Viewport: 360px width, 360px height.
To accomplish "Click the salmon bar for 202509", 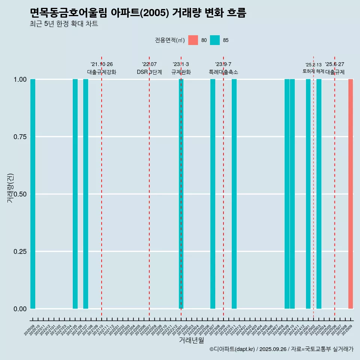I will [x=351, y=194].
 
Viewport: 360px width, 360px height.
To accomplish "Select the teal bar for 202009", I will [x=33, y=194].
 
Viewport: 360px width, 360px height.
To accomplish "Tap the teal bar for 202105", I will [x=75, y=194].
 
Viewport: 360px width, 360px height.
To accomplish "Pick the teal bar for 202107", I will [x=85, y=194].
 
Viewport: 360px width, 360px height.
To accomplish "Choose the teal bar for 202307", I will [x=213, y=194].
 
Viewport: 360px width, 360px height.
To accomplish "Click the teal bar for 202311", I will [x=234, y=194].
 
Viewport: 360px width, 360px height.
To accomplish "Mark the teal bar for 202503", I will [x=319, y=194].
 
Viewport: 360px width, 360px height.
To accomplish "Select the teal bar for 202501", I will [x=308, y=194].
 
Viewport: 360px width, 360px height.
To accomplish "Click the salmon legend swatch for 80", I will [x=193, y=40].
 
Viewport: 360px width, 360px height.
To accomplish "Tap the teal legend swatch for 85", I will [x=215, y=40].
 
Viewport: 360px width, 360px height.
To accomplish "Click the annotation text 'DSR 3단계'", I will [x=149, y=72].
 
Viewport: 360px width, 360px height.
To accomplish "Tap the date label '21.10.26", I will [x=102, y=64].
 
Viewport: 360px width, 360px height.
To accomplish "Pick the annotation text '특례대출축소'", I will [x=223, y=72].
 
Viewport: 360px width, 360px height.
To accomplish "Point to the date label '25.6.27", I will [x=334, y=64].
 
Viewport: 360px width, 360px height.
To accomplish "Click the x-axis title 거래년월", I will [x=192, y=340].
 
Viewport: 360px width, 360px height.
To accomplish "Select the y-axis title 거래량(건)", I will [x=10, y=188].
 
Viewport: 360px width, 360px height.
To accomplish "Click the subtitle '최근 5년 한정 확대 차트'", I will [x=64, y=24].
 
